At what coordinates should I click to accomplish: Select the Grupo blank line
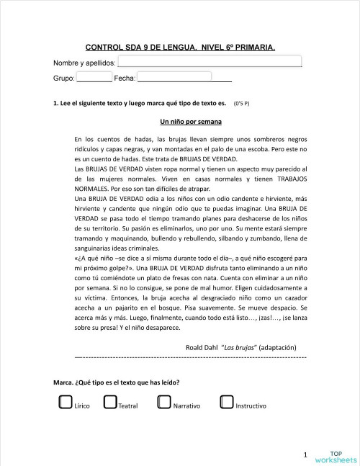coord(94,77)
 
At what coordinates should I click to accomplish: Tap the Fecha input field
coord(174,76)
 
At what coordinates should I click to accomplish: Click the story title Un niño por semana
coord(190,121)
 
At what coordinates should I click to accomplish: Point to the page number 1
coord(305,454)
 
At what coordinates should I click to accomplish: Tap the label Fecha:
coord(125,78)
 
